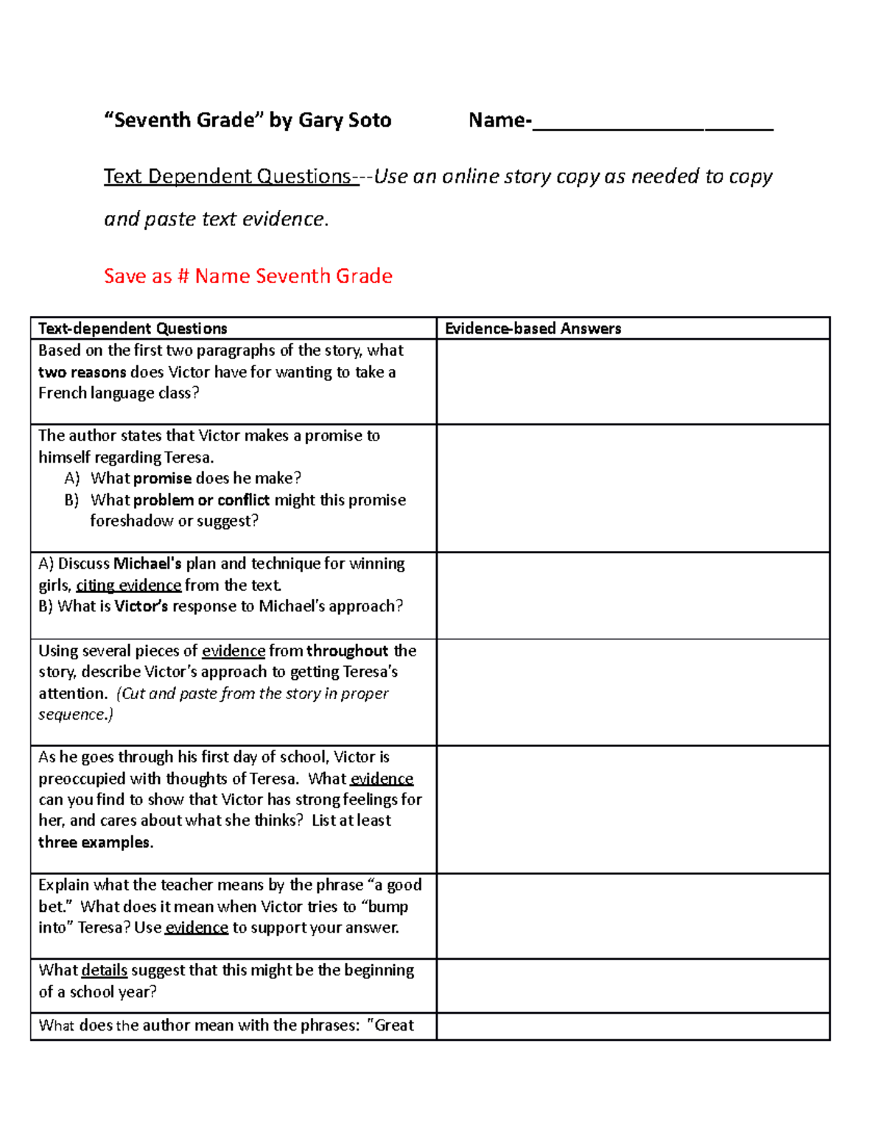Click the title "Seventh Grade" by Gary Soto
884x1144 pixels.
click(248, 120)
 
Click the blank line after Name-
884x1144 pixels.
click(652, 122)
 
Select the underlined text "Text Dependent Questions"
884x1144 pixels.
click(228, 177)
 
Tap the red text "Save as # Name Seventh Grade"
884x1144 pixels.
click(248, 276)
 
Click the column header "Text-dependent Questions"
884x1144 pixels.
click(133, 329)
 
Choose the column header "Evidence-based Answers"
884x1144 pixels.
click(533, 329)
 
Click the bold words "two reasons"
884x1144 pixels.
click(82, 372)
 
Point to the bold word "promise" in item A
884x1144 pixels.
click(162, 478)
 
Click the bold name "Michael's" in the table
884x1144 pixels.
click(147, 564)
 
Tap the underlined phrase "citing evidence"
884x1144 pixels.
click(128, 585)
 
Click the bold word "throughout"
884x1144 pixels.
click(347, 650)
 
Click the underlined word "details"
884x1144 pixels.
click(104, 970)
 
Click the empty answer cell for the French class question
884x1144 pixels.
click(633, 382)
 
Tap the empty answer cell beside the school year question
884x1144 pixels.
click(633, 986)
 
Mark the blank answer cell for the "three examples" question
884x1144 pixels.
click(633, 810)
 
